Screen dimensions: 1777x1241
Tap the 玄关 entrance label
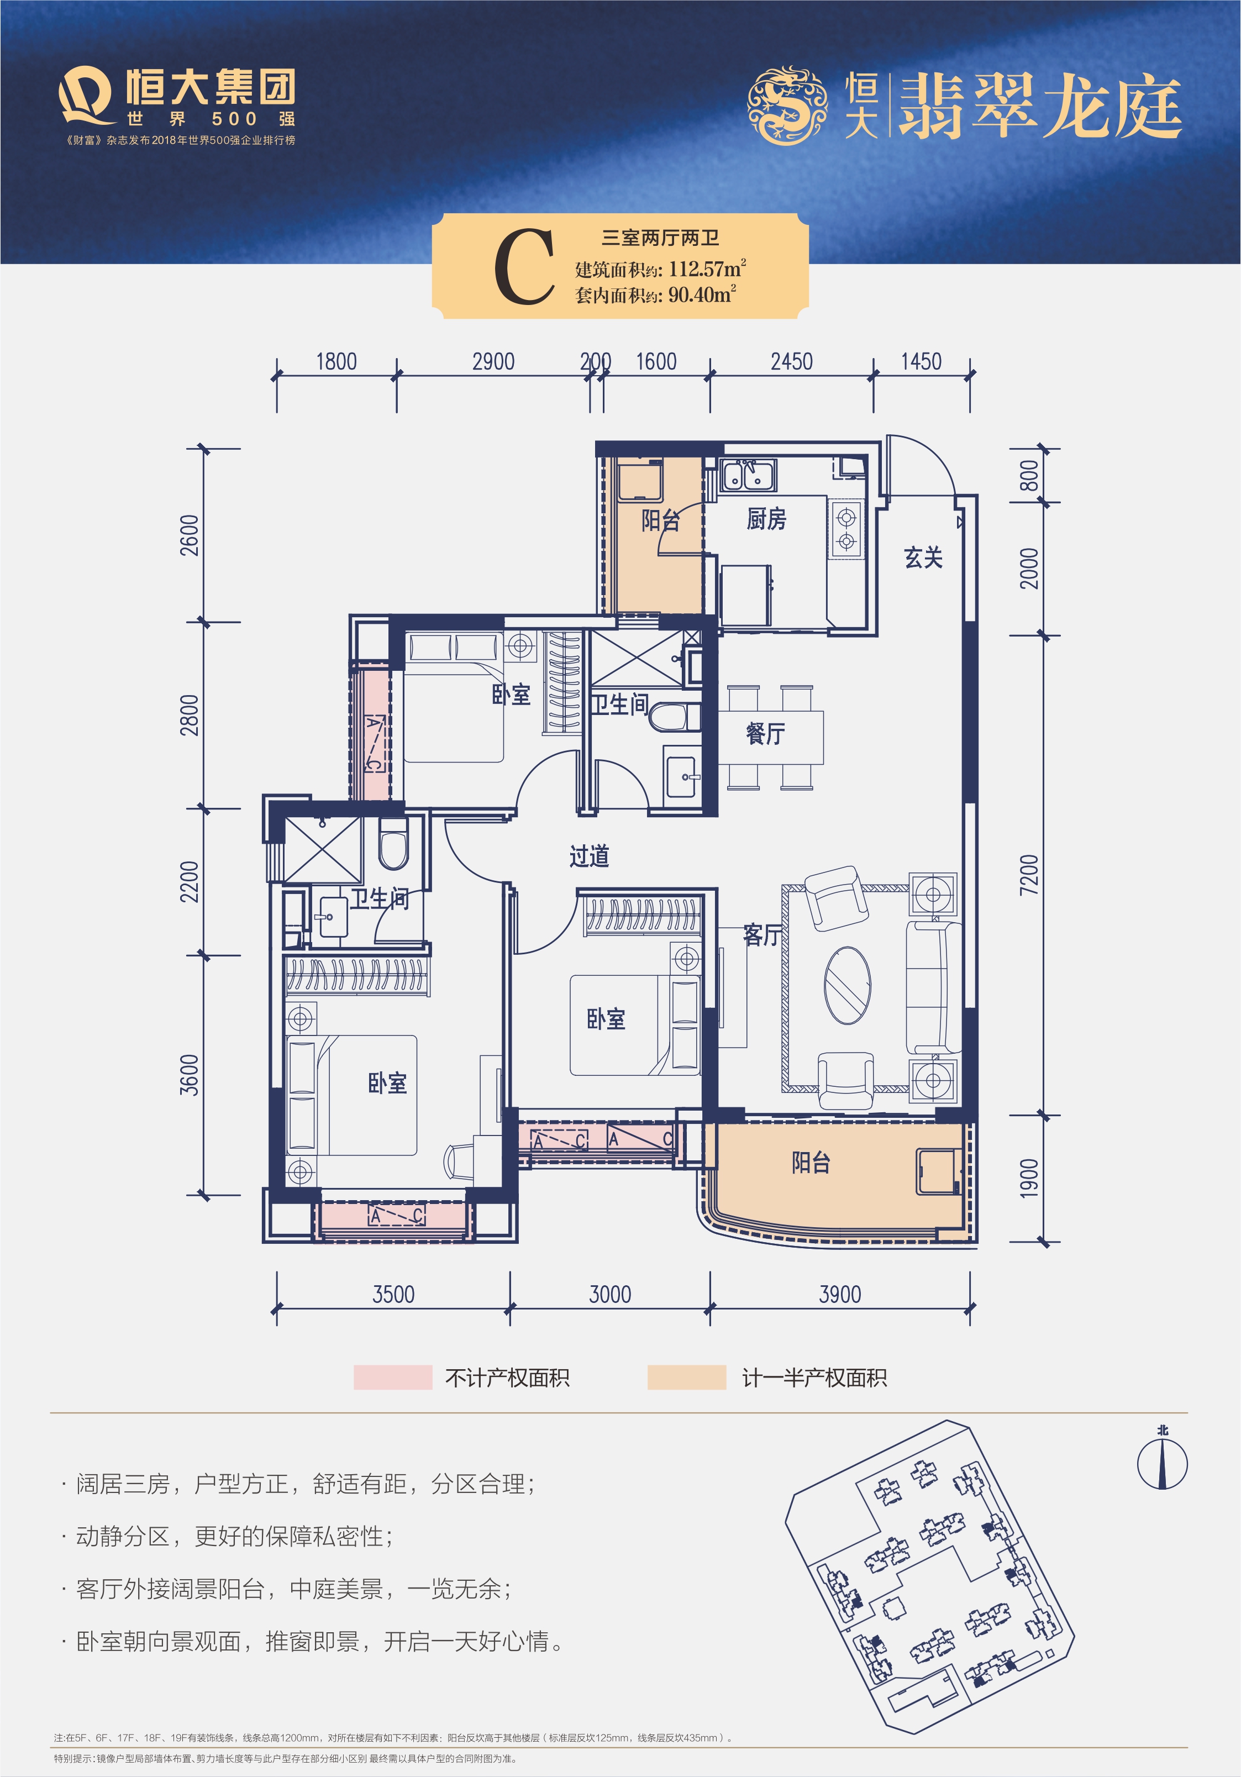[923, 558]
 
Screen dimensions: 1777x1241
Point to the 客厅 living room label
[762, 935]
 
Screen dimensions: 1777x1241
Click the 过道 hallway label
[589, 856]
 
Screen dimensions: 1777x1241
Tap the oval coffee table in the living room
[847, 985]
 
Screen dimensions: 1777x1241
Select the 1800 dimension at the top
[336, 361]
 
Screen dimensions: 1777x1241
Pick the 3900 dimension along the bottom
[840, 1294]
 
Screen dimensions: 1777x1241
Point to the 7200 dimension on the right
[1029, 875]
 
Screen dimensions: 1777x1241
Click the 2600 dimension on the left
[190, 535]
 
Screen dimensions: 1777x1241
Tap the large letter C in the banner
[524, 267]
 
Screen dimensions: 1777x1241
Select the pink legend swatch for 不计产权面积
[392, 1377]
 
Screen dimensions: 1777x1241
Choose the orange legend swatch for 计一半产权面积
[687, 1377]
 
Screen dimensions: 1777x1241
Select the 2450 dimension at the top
[791, 361]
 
